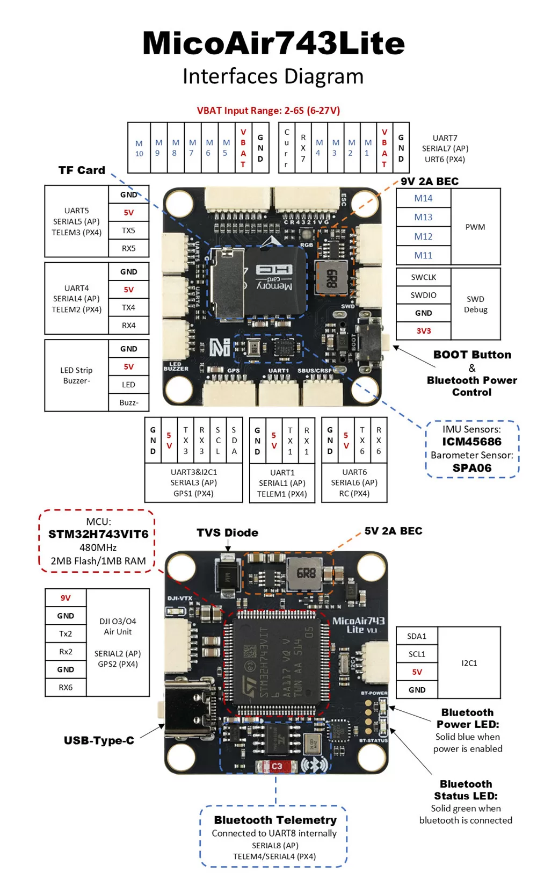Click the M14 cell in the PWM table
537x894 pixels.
[x=423, y=198]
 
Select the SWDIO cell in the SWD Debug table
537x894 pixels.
[x=423, y=295]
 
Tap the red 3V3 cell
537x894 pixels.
[x=423, y=331]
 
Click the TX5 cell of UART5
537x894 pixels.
[x=128, y=230]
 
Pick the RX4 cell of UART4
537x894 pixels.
[x=128, y=326]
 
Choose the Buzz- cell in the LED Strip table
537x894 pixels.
[x=128, y=402]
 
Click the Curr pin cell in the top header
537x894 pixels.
[x=286, y=148]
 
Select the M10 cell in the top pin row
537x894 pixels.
[x=139, y=148]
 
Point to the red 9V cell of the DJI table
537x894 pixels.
[x=66, y=598]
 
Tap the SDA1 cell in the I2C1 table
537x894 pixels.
[x=417, y=636]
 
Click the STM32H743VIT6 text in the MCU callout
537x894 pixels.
[x=98, y=534]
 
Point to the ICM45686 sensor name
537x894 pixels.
[x=471, y=442]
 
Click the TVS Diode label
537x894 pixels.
[x=227, y=532]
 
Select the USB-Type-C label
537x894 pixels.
[x=99, y=740]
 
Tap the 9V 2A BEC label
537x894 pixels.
[x=430, y=181]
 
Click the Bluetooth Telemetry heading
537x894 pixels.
[x=275, y=820]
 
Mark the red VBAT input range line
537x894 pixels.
[x=268, y=111]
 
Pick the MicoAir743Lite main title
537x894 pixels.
[x=273, y=43]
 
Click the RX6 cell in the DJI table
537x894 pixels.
[x=66, y=687]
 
